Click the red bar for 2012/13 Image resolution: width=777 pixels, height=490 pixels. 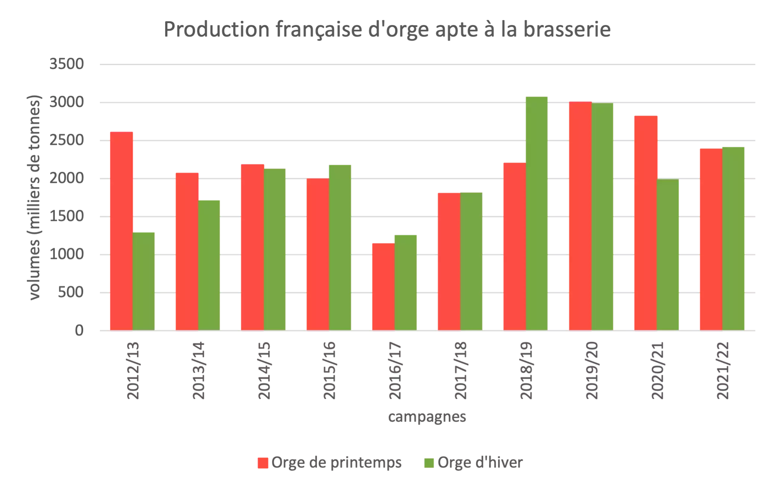point(121,231)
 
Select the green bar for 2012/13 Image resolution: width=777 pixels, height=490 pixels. point(143,281)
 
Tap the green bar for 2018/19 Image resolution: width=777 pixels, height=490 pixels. point(537,214)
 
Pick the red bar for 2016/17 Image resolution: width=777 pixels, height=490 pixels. point(383,287)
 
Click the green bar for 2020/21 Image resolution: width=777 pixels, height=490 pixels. point(668,255)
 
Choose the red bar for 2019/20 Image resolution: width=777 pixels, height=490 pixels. point(580,216)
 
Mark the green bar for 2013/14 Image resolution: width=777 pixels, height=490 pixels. point(209,265)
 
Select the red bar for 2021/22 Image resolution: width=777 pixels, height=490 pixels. point(711,240)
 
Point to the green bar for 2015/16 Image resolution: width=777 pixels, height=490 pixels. point(340,248)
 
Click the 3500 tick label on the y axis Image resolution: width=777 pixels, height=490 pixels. point(67,64)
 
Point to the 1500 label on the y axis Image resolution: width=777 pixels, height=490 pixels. point(67,216)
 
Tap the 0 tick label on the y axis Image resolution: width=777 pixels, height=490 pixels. point(79,331)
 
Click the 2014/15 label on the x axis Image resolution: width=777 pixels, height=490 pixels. point(264,370)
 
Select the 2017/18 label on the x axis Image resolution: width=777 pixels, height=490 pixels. point(461,370)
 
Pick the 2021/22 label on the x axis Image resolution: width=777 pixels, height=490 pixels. point(723,370)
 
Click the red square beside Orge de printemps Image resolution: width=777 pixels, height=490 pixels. point(263,463)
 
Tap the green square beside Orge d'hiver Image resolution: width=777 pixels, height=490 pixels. point(429,463)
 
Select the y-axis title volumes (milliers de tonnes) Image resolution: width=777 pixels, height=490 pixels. point(34,197)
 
